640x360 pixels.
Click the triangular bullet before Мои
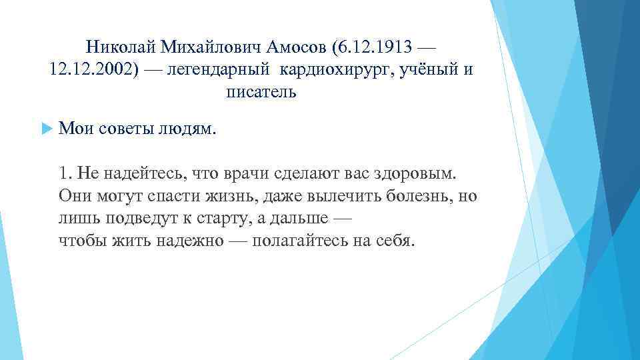click(45, 129)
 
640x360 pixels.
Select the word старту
click(199, 219)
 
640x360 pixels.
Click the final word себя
click(397, 241)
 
